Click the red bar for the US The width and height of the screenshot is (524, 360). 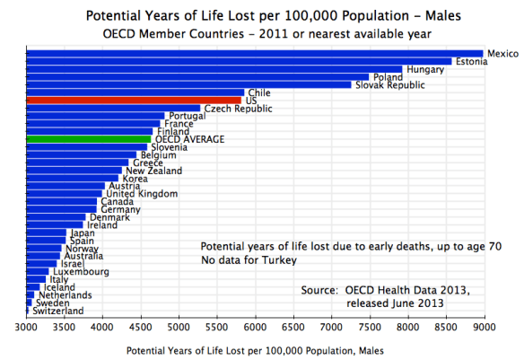pos(134,101)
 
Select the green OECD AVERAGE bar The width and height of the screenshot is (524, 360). pos(89,139)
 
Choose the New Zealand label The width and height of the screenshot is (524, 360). pos(153,171)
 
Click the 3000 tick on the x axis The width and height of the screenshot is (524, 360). pos(27,328)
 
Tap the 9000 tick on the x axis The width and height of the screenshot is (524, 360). pos(485,328)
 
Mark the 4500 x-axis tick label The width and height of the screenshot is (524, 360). pos(141,328)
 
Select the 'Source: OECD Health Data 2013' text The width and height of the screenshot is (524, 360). pos(386,290)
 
